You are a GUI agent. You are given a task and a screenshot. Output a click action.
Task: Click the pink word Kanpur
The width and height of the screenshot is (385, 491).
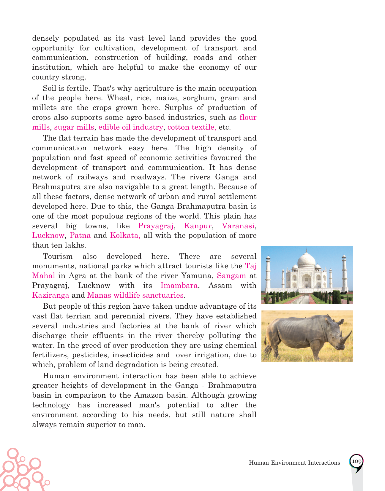click(x=198, y=226)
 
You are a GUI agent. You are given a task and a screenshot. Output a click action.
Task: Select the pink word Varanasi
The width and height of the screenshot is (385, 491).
click(x=238, y=226)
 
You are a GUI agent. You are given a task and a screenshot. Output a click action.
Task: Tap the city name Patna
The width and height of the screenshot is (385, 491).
click(x=80, y=235)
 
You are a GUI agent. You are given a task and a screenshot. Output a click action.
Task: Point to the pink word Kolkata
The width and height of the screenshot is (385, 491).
click(x=125, y=235)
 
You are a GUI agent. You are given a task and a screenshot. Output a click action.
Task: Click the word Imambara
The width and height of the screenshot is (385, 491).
click(x=179, y=286)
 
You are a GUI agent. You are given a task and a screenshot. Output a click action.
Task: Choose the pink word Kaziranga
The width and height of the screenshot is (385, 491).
click(x=51, y=295)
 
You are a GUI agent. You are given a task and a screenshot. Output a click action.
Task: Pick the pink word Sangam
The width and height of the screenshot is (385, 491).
click(x=231, y=276)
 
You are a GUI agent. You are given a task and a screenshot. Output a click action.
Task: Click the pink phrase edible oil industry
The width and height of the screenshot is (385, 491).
click(x=131, y=127)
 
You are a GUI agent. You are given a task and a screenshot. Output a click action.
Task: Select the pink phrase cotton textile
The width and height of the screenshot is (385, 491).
click(x=191, y=127)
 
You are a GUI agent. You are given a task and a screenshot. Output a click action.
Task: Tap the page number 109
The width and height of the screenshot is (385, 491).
click(x=356, y=461)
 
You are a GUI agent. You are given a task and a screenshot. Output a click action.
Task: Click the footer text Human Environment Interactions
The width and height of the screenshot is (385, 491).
click(x=294, y=463)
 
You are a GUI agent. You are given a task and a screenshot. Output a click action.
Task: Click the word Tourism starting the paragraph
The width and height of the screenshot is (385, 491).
click(x=58, y=256)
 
